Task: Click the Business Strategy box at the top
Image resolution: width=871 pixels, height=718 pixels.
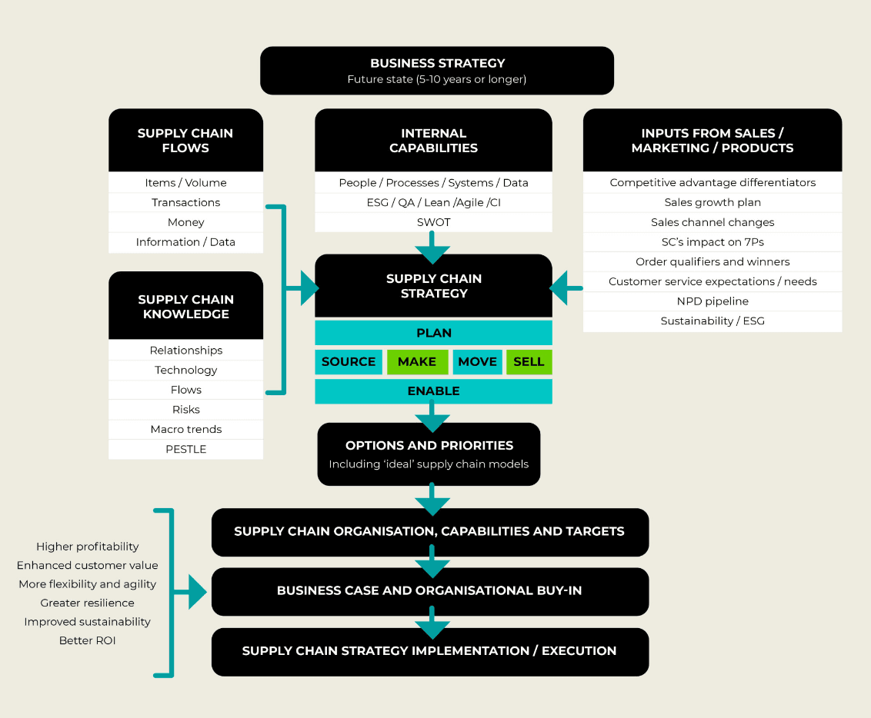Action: coord(436,71)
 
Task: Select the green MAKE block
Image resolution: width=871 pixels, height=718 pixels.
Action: coord(417,362)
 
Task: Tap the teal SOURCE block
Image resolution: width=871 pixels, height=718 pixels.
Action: coord(349,362)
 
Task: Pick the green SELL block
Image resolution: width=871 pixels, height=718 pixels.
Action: coord(529,362)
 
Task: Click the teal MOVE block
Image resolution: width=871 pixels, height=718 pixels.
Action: coord(477,362)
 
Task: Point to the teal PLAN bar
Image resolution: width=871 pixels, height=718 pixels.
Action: coord(433,333)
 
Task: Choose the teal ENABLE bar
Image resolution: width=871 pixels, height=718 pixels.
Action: coord(433,391)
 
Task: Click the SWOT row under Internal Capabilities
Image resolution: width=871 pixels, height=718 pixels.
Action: coord(433,222)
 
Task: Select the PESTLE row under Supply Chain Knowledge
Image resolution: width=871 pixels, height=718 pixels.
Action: coord(185,449)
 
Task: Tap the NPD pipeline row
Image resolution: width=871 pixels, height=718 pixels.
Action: coord(712,301)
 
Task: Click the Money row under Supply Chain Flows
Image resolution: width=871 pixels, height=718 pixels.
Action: coord(185,222)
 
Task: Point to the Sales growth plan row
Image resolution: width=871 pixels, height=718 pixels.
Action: coord(712,202)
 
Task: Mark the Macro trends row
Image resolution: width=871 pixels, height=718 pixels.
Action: coord(185,429)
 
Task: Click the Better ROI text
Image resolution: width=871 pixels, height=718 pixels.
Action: coord(87,640)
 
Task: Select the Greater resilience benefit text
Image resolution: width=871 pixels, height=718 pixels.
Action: coord(87,603)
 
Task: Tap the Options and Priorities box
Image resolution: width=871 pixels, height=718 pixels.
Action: coord(429,454)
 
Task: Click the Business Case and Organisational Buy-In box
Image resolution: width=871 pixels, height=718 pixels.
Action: coord(429,591)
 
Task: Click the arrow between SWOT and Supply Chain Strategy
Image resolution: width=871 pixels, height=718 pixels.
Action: coord(432,248)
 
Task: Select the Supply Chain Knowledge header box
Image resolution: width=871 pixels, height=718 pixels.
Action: coord(185,306)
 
